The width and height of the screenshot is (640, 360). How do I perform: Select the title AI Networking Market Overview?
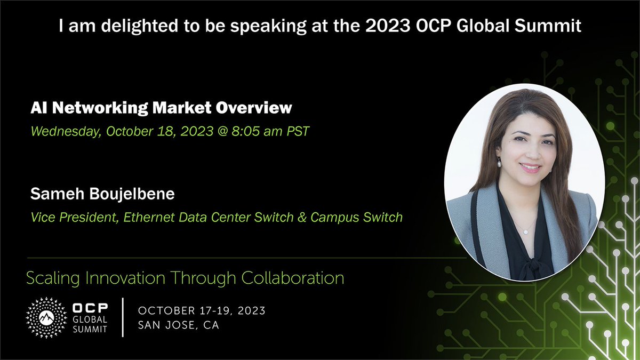pos(162,108)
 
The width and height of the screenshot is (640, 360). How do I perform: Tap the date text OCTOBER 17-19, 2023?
pos(202,310)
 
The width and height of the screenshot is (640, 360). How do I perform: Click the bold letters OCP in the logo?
pos(89,308)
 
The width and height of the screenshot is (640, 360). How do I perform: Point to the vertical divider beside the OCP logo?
pos(123,318)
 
